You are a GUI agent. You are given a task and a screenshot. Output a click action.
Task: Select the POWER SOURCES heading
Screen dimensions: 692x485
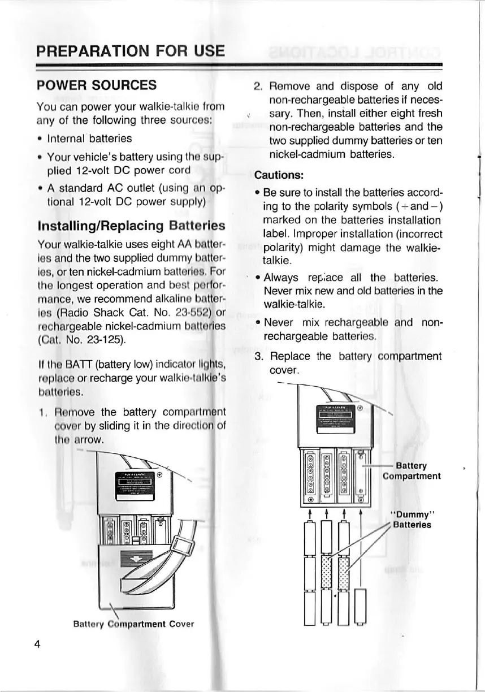point(96,85)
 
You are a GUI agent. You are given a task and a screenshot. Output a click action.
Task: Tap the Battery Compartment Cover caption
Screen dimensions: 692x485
point(133,624)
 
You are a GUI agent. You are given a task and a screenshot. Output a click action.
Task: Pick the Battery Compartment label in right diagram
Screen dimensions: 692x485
point(412,471)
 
